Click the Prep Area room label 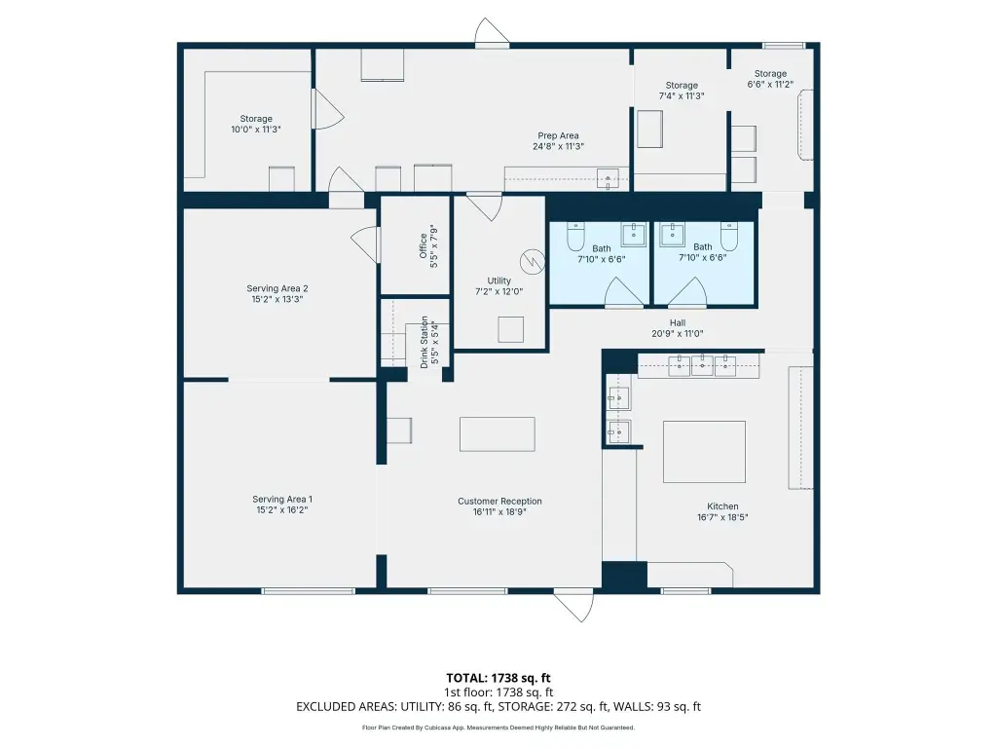tap(558, 135)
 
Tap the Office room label tap(424, 245)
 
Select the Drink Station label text tap(425, 342)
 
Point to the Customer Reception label tap(499, 502)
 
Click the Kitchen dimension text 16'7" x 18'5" tap(722, 517)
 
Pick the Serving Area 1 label tap(282, 500)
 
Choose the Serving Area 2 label tap(277, 288)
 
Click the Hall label tap(678, 322)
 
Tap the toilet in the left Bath tap(575, 237)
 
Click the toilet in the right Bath tap(729, 237)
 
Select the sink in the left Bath tap(633, 234)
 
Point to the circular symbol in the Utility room tap(532, 261)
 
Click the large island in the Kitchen tap(704, 452)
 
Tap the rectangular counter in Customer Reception tap(498, 434)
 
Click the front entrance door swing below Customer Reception tap(573, 607)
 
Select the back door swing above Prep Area tap(492, 32)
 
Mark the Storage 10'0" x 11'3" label tap(256, 124)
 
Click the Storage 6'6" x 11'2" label tap(770, 79)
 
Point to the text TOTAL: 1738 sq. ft tap(498, 678)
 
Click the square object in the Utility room tap(510, 329)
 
